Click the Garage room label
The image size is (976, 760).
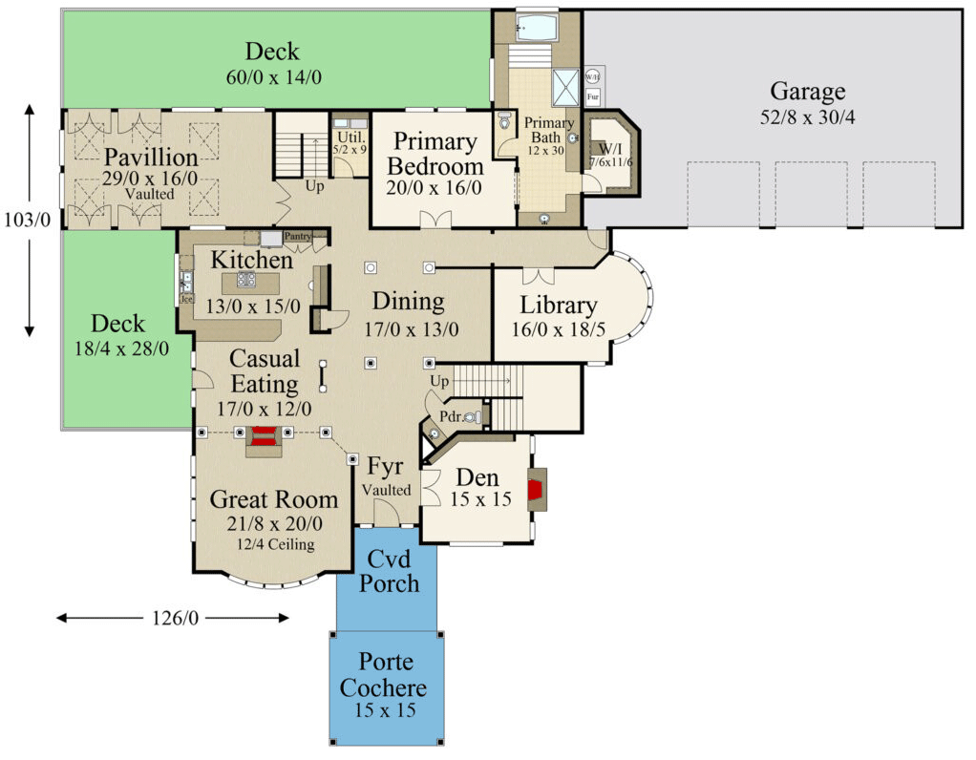coord(808,92)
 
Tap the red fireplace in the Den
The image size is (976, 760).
coord(540,489)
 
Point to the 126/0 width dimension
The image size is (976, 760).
coord(173,619)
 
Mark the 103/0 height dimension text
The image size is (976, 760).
coord(29,220)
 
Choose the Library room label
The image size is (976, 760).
coord(559,306)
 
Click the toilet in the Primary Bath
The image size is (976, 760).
coord(505,123)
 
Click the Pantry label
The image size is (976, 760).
coord(298,236)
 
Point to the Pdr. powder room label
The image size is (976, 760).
coord(452,416)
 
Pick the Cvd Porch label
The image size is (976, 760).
coord(389,571)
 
